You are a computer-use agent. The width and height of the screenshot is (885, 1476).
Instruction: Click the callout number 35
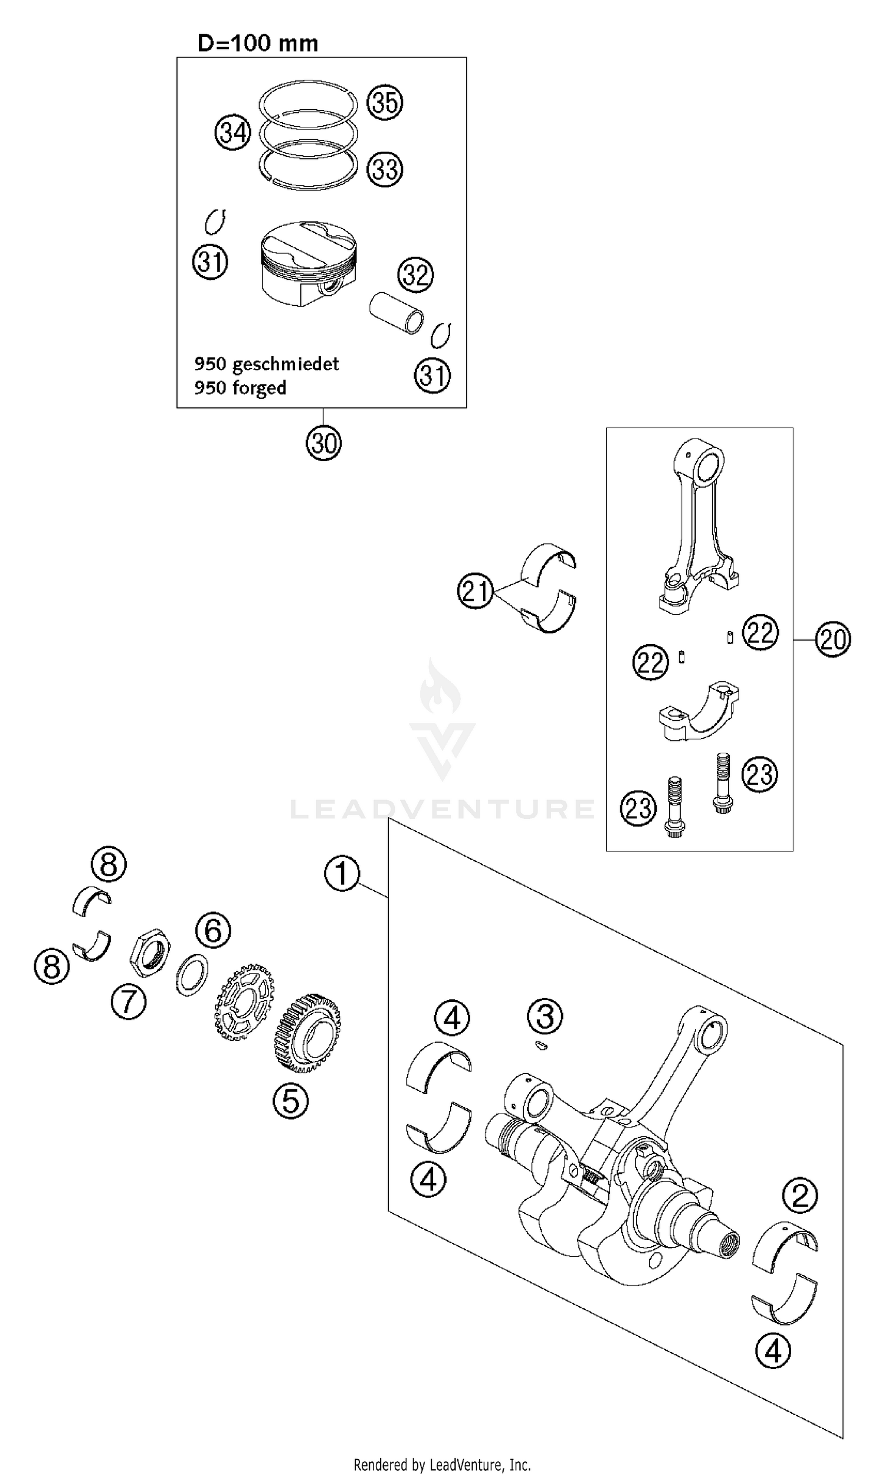point(385,102)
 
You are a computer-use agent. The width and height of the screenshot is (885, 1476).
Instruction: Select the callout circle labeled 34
point(232,132)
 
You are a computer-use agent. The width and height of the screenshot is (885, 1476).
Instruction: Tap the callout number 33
point(385,169)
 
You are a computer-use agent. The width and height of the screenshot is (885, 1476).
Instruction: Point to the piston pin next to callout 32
point(395,312)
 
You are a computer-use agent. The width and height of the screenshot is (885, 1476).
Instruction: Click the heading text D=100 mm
point(258,43)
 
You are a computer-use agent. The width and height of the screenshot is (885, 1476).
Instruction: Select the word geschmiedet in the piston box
point(285,363)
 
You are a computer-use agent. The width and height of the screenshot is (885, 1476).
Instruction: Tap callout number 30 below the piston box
point(323,443)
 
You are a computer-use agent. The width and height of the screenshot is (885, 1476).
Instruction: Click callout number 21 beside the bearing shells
point(476,591)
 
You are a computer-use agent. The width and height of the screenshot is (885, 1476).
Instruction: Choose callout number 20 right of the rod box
point(832,639)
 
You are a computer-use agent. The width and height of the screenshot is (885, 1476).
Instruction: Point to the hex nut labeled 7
point(150,952)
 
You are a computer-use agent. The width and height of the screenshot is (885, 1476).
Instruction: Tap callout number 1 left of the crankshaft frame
point(342,873)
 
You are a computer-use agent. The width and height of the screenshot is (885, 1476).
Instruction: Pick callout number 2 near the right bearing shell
point(799,1196)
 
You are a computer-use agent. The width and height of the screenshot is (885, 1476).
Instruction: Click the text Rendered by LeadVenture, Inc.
point(442,1459)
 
